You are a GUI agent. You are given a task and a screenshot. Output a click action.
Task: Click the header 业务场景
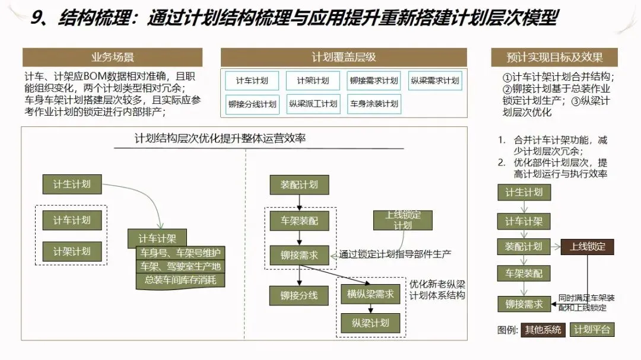112,58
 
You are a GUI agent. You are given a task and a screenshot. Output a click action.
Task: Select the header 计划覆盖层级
344,58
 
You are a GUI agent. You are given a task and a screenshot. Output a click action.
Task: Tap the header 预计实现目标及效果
554,58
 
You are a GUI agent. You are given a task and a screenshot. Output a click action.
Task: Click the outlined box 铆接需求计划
374,81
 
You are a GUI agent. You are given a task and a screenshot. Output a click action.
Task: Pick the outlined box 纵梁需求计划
435,81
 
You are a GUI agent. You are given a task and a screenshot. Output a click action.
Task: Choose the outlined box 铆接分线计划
252,104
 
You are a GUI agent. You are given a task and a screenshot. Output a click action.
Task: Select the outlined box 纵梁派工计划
313,104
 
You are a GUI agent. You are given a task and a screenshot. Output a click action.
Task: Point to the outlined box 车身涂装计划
374,104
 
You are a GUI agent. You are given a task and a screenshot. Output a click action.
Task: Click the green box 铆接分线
299,295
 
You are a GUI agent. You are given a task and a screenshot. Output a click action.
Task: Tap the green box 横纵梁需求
370,294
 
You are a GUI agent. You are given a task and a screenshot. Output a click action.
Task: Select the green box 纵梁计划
370,323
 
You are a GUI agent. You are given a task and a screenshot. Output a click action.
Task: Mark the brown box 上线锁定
588,247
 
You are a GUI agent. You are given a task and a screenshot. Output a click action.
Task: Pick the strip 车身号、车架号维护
180,253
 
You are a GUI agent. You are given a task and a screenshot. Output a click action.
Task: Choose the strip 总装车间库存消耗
180,280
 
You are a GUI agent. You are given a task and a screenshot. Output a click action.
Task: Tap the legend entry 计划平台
592,330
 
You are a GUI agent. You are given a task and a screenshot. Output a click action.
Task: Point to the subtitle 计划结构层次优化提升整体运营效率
220,139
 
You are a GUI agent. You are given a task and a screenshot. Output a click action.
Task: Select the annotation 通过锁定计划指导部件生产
395,254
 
